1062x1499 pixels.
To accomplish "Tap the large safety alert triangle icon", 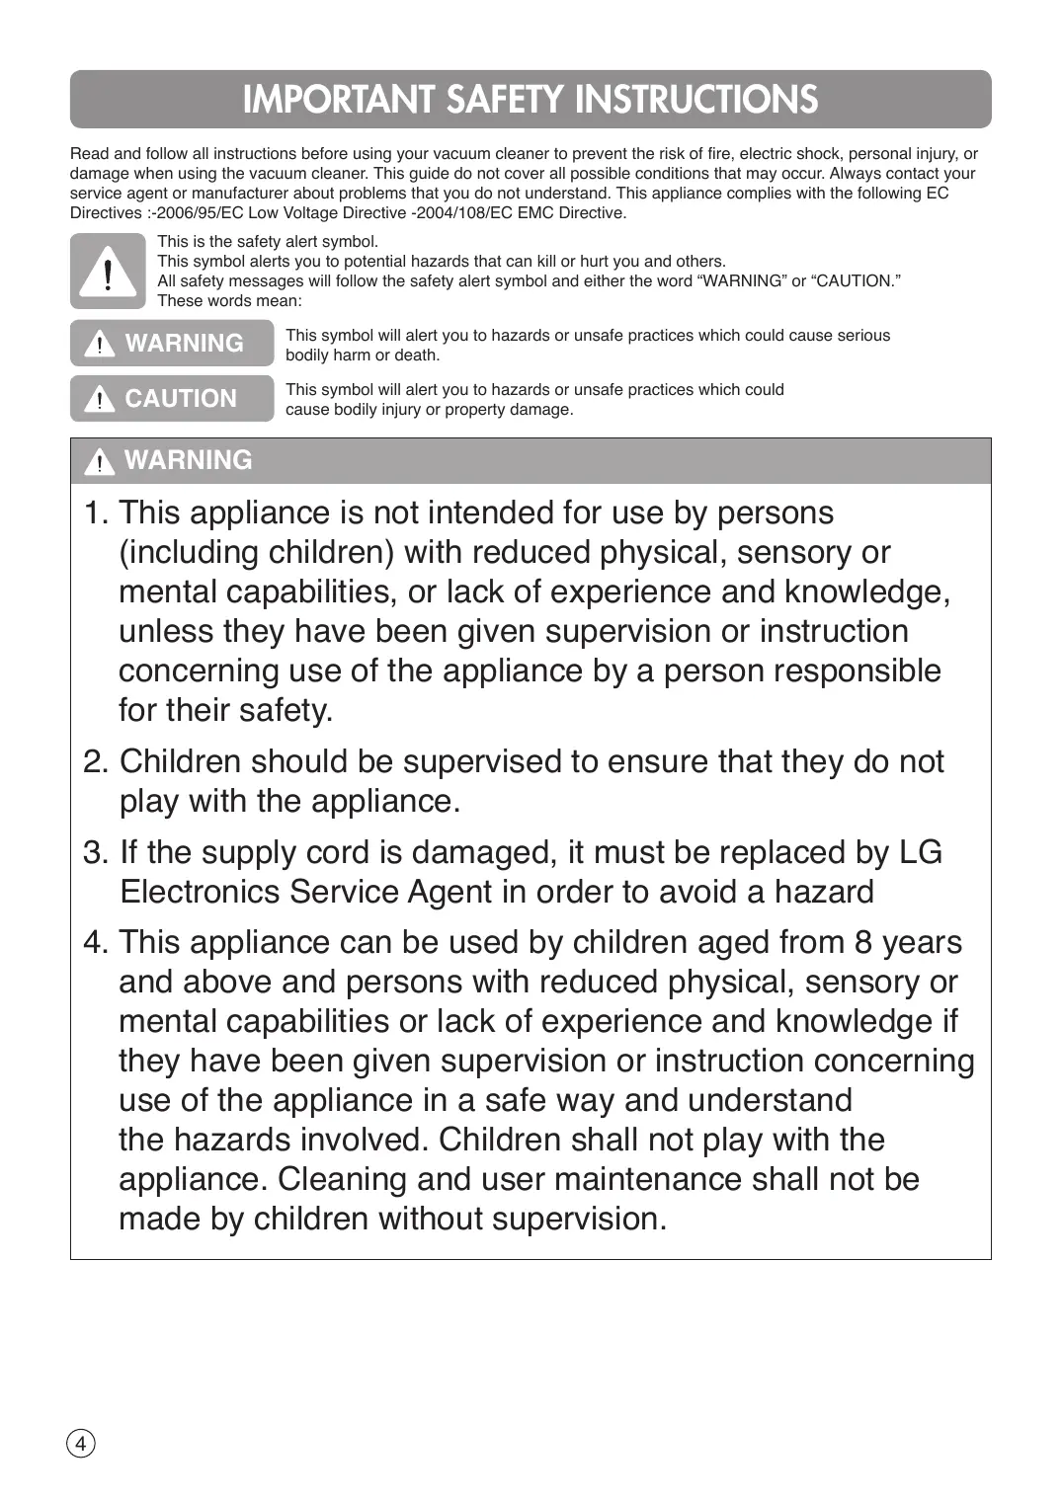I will point(108,272).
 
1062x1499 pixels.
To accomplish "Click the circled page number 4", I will point(81,1444).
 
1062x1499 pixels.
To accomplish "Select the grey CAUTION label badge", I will point(172,399).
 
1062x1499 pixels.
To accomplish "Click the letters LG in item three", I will point(921,853).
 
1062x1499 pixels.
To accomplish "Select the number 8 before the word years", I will point(863,943).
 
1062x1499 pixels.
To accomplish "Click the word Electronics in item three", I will point(201,893).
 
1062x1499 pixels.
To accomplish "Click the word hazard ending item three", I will point(824,893).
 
